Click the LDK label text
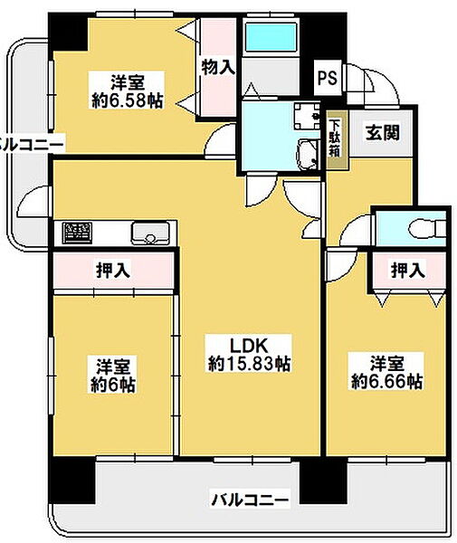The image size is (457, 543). point(249,345)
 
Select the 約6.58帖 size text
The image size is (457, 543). point(127,100)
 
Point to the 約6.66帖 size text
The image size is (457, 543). point(386,381)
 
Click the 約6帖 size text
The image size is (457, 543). point(113,384)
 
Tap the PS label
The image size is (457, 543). point(327,79)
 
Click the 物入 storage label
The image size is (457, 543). point(217,67)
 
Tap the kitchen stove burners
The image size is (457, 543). point(77,233)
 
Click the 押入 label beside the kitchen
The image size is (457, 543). point(111,270)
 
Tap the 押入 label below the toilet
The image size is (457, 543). point(406,270)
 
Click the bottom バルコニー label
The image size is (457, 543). point(250,499)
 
